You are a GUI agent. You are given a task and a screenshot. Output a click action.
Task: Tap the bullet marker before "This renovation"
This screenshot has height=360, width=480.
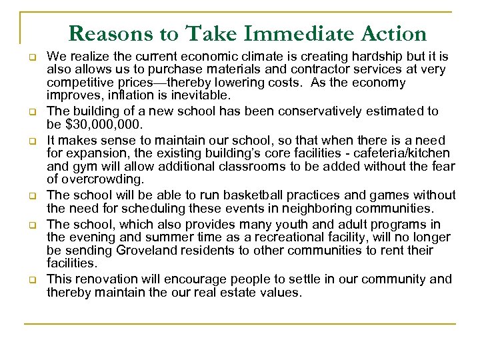(x=32, y=280)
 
